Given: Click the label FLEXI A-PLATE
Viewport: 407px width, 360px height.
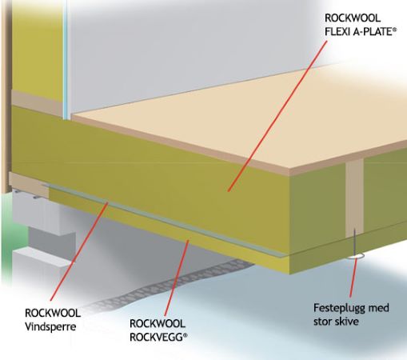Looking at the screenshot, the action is pos(361,32).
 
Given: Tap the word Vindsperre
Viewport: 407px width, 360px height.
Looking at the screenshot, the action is pos(50,326).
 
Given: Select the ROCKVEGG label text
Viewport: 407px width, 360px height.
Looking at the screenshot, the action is pos(158,337).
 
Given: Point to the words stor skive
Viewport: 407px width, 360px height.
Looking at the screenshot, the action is pos(336,322).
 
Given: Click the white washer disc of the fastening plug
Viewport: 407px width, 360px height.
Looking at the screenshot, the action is pos(356,256).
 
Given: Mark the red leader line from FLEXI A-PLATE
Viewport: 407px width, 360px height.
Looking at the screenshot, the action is pos(277,116).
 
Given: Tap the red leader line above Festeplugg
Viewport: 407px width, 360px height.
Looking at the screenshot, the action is pos(353,278).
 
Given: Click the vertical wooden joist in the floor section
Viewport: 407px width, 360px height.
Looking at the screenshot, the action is pos(354,198).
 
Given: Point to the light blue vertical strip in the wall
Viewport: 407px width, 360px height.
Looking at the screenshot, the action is pos(65,59).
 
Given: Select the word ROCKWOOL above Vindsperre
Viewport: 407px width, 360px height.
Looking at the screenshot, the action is pos(53,313).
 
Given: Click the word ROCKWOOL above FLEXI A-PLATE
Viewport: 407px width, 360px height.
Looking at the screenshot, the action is pos(353,18).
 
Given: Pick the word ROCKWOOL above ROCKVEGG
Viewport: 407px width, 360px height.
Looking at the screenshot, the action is pos(158,323).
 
